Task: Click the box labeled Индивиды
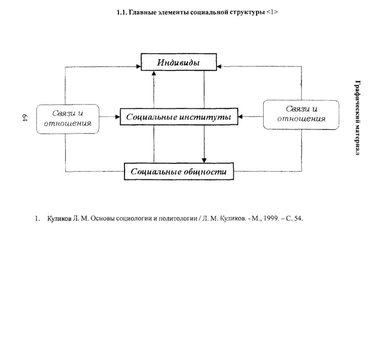tap(179, 62)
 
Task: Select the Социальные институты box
tap(179, 116)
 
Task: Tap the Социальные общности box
tap(179, 171)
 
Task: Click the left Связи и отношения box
tap(68, 119)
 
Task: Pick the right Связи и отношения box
tap(301, 115)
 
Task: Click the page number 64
tap(25, 118)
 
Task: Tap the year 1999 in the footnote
tap(271, 218)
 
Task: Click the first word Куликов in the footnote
tap(59, 218)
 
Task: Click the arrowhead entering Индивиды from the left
tap(139, 66)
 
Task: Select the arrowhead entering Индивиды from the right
tap(219, 66)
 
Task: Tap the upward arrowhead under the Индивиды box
tap(154, 73)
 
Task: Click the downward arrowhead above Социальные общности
tap(204, 160)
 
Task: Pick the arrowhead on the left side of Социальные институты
tap(118, 117)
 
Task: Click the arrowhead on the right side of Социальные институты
tap(240, 116)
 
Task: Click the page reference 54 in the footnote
tap(298, 218)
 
